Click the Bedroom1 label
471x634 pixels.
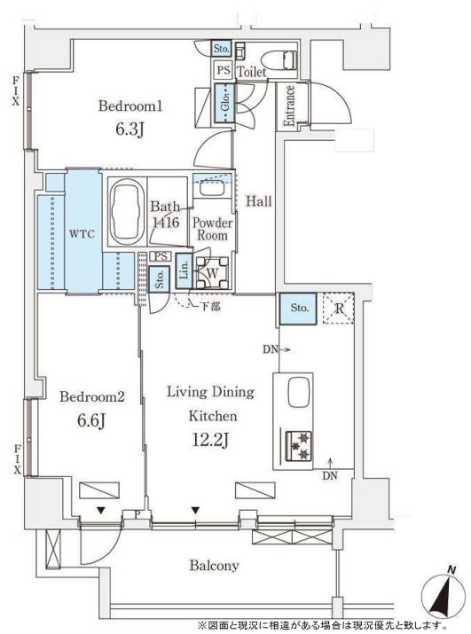pos(130,106)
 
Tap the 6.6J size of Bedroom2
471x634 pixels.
pos(91,421)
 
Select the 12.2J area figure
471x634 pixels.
pos(209,441)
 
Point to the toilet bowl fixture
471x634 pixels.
pos(279,60)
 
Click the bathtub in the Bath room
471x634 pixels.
pos(128,212)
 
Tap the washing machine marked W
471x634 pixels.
pos(212,273)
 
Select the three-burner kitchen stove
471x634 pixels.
pos(299,446)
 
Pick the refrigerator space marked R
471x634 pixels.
pos(339,309)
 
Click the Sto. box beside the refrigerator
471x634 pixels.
pos(298,309)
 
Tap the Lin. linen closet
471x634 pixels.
pos(184,270)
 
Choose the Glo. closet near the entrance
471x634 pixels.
pos(224,103)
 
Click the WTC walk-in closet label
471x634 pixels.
pos(82,234)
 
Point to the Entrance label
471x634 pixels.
pos(289,106)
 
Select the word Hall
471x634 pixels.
pos(259,201)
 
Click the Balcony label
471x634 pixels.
pos(214,565)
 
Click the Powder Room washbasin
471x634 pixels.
pos(212,189)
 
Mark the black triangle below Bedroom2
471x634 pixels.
pos(101,511)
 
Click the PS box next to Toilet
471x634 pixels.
pos(223,70)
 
